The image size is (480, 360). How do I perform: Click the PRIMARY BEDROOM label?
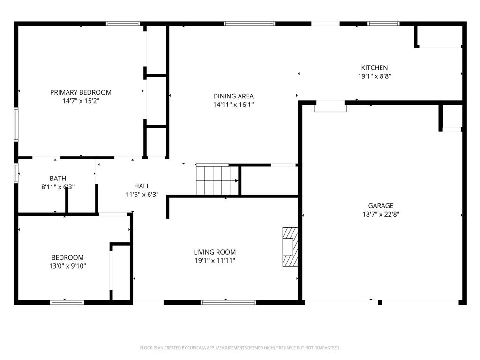(x=81, y=92)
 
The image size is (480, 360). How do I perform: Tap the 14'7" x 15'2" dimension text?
(x=81, y=100)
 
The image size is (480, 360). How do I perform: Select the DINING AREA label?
(x=233, y=96)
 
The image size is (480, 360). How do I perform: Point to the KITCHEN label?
(x=374, y=67)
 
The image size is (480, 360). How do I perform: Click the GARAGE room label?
(x=380, y=205)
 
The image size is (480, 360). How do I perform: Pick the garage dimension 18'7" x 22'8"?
(x=380, y=214)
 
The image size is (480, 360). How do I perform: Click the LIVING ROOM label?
(x=215, y=252)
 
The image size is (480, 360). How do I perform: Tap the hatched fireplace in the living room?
(x=290, y=247)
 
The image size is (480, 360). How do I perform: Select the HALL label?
(x=142, y=186)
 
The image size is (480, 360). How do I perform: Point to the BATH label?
(x=58, y=178)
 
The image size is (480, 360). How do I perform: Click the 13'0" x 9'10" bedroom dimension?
(x=67, y=266)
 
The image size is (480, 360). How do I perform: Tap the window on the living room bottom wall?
(x=228, y=302)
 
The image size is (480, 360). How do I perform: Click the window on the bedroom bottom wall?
(x=67, y=302)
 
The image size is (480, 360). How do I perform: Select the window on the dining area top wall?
(x=249, y=23)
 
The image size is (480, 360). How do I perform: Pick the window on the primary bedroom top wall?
(x=123, y=23)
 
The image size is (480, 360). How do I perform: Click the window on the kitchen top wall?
(x=383, y=23)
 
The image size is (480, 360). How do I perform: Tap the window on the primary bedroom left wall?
(x=16, y=124)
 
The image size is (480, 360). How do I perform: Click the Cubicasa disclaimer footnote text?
(x=240, y=348)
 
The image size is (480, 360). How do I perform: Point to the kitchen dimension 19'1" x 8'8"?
(x=374, y=75)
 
